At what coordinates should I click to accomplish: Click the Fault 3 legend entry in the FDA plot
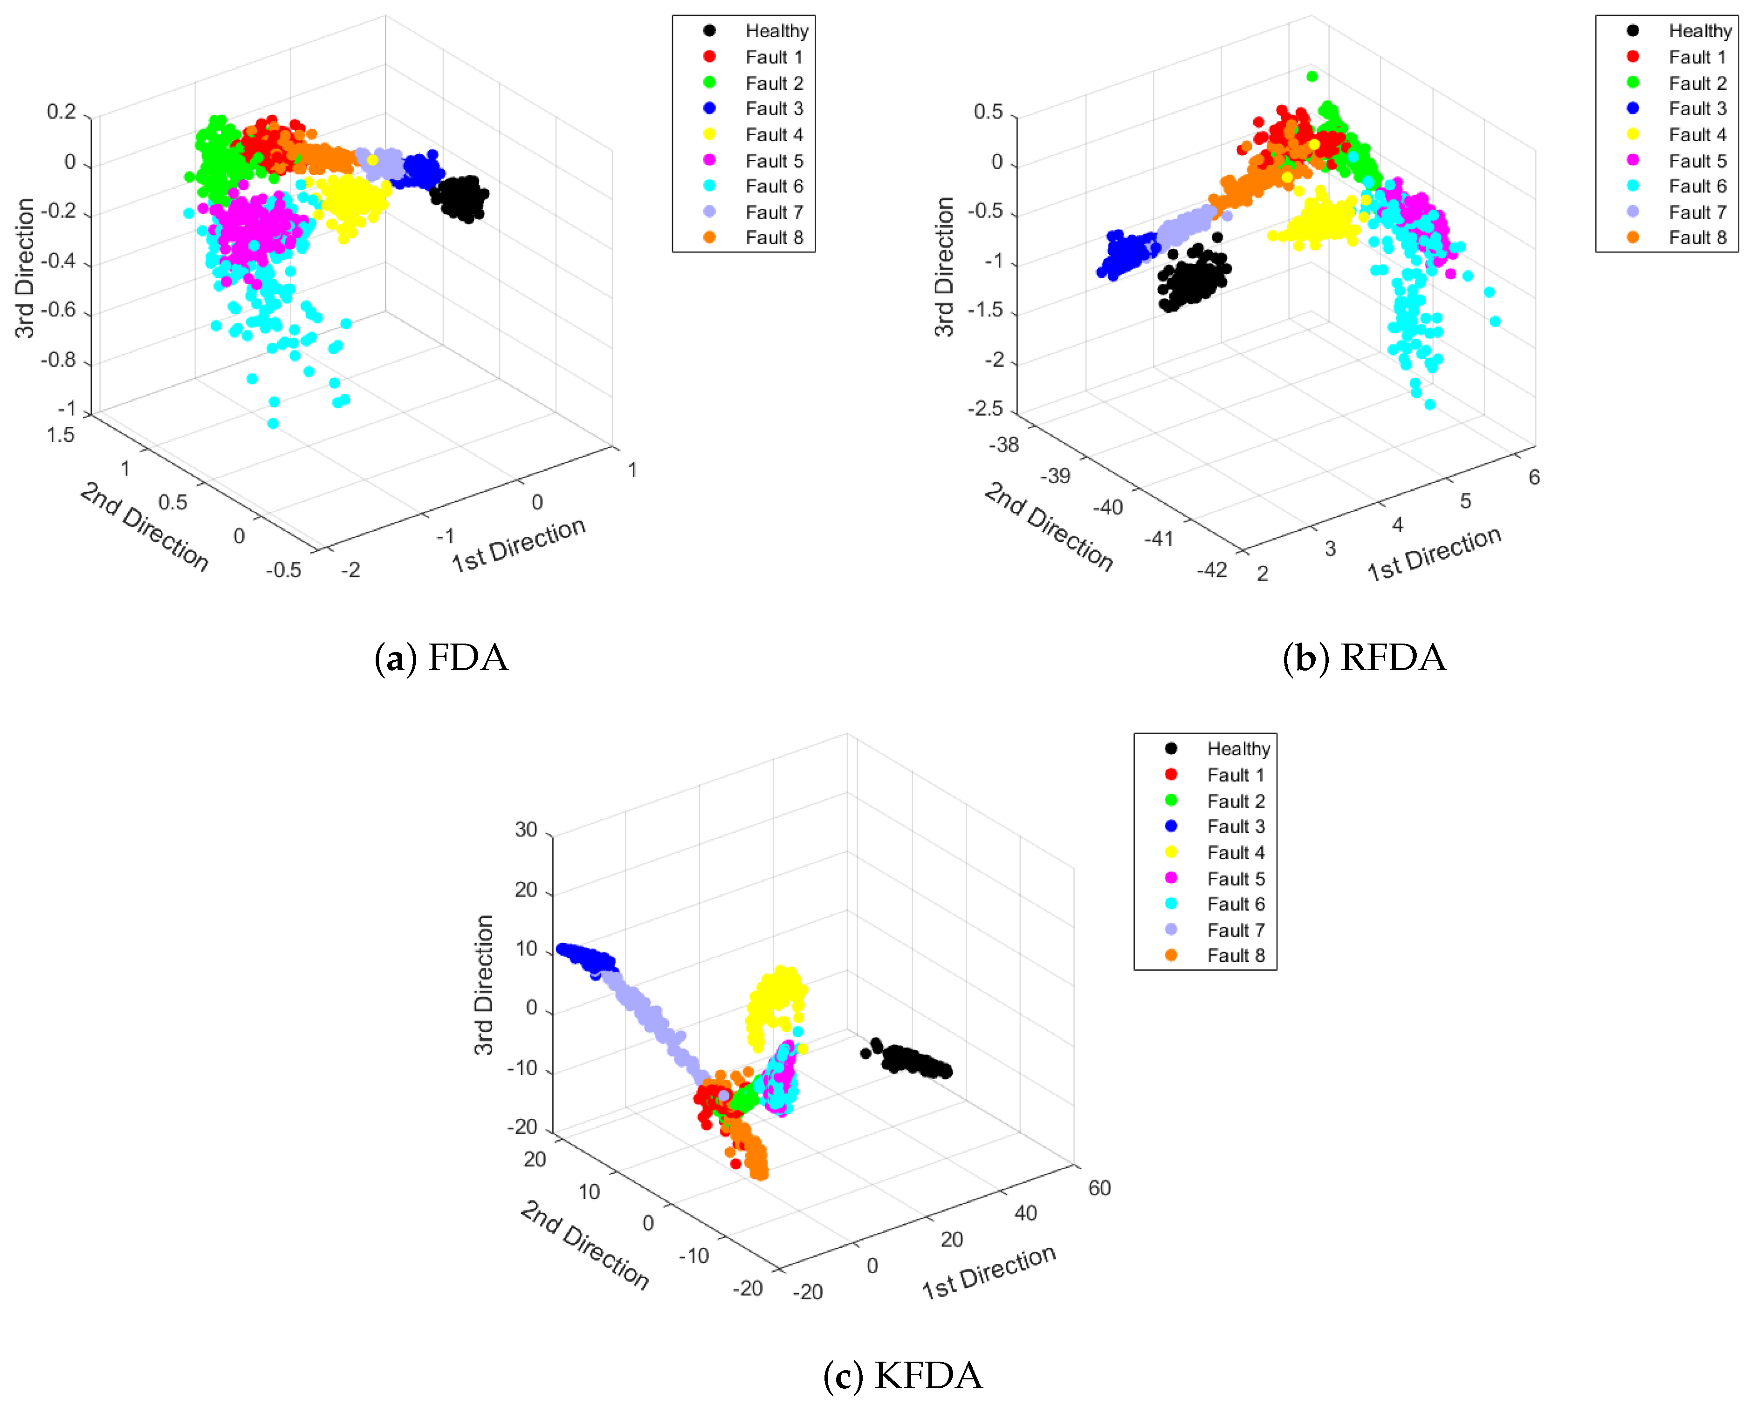(x=773, y=109)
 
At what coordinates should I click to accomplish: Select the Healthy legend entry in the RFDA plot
(x=1698, y=31)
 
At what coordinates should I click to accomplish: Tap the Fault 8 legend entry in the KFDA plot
(x=1235, y=955)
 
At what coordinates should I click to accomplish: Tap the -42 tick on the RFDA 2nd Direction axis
(x=1212, y=569)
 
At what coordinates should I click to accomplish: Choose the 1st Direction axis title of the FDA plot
(x=518, y=544)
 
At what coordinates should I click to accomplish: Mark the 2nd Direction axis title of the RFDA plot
(x=1048, y=526)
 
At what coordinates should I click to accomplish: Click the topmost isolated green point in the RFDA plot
(x=1312, y=76)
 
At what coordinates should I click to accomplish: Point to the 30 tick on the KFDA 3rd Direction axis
(x=526, y=829)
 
